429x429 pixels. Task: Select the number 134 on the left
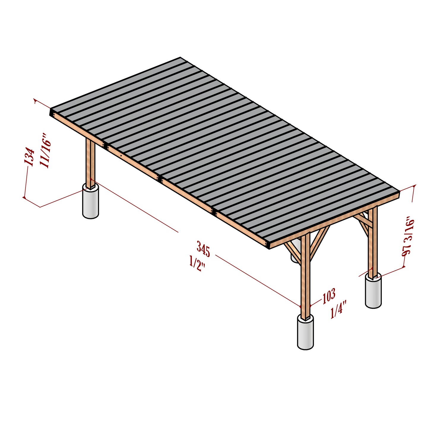pos(29,156)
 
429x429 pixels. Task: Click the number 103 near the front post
pos(329,296)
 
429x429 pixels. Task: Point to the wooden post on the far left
pos(90,162)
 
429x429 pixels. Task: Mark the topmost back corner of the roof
pos(180,58)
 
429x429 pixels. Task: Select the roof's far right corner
pos(399,191)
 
